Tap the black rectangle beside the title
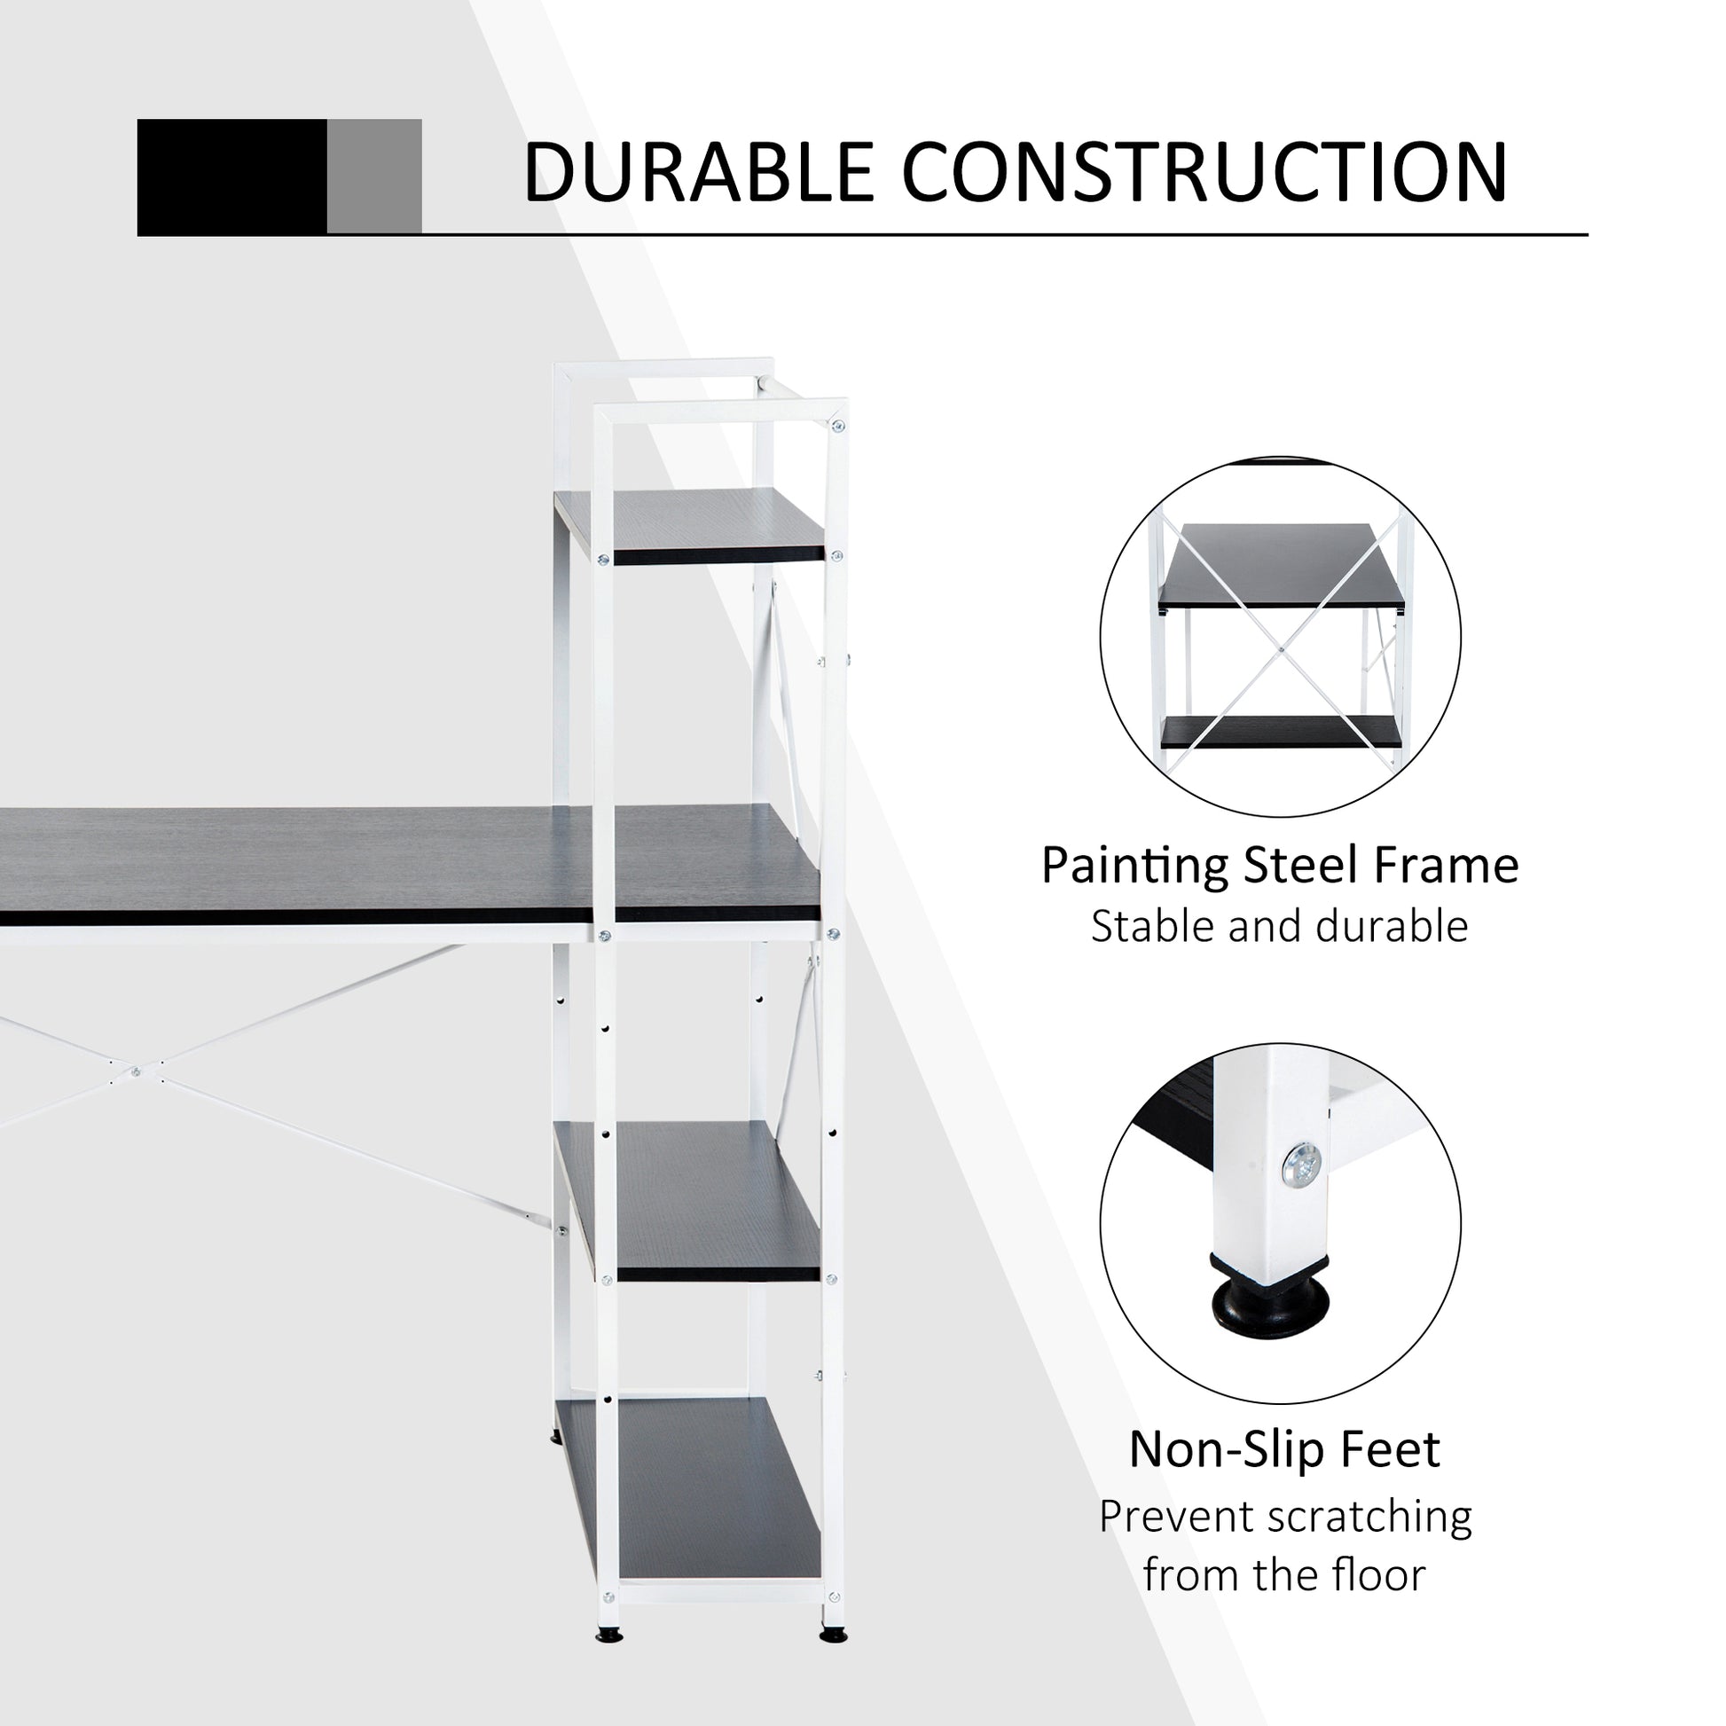(x=231, y=177)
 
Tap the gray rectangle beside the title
(x=374, y=177)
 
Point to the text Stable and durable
(x=1279, y=927)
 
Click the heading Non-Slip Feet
(x=1284, y=1449)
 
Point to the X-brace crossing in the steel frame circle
(x=1281, y=649)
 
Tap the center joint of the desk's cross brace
(x=136, y=1071)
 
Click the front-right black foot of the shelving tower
(x=833, y=1636)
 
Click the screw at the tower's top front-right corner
(x=837, y=426)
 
